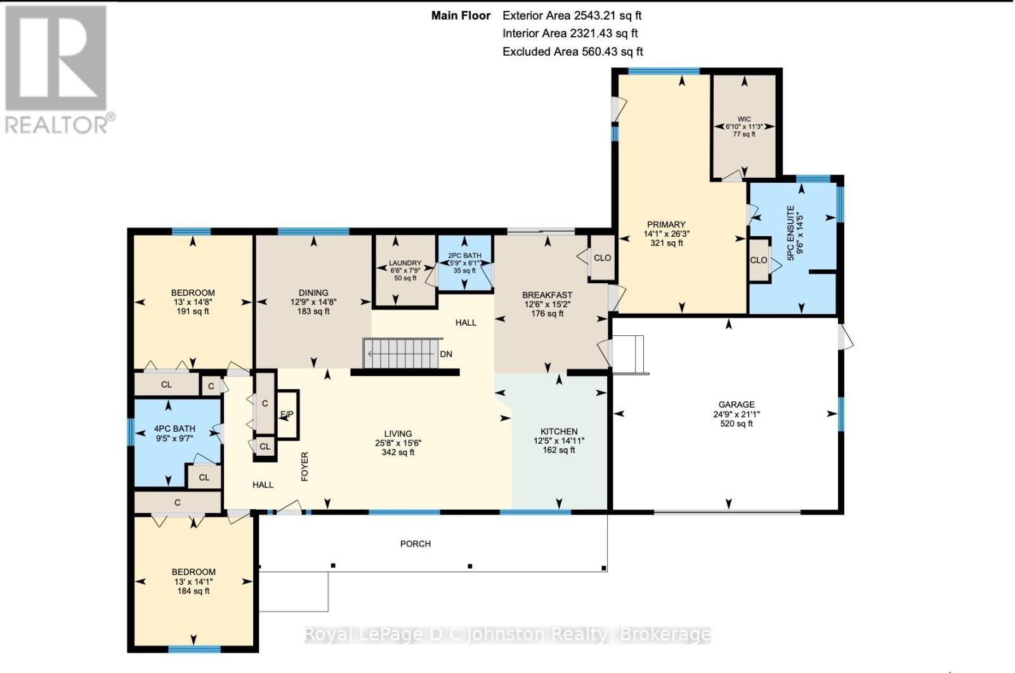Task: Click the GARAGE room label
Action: pyautogui.click(x=736, y=404)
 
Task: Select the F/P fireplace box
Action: pyautogui.click(x=287, y=415)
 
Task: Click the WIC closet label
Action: pyautogui.click(x=744, y=119)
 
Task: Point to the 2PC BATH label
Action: pyautogui.click(x=464, y=255)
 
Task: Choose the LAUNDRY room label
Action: pyautogui.click(x=405, y=263)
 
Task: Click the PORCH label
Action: pyautogui.click(x=416, y=543)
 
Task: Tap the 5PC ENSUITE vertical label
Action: pyautogui.click(x=790, y=232)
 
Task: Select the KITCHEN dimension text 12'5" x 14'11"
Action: pyautogui.click(x=559, y=441)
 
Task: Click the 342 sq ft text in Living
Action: pyautogui.click(x=398, y=453)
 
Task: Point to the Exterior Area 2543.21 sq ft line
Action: pyautogui.click(x=573, y=15)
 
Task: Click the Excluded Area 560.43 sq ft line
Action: pyautogui.click(x=573, y=51)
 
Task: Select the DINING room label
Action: pyautogui.click(x=313, y=293)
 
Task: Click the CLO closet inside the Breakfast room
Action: pyautogui.click(x=602, y=258)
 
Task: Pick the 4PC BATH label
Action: pyautogui.click(x=174, y=429)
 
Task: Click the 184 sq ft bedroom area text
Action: pyautogui.click(x=193, y=591)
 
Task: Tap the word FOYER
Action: pyautogui.click(x=304, y=466)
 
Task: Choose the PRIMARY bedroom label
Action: pyautogui.click(x=666, y=224)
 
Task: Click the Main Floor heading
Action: pyautogui.click(x=461, y=15)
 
